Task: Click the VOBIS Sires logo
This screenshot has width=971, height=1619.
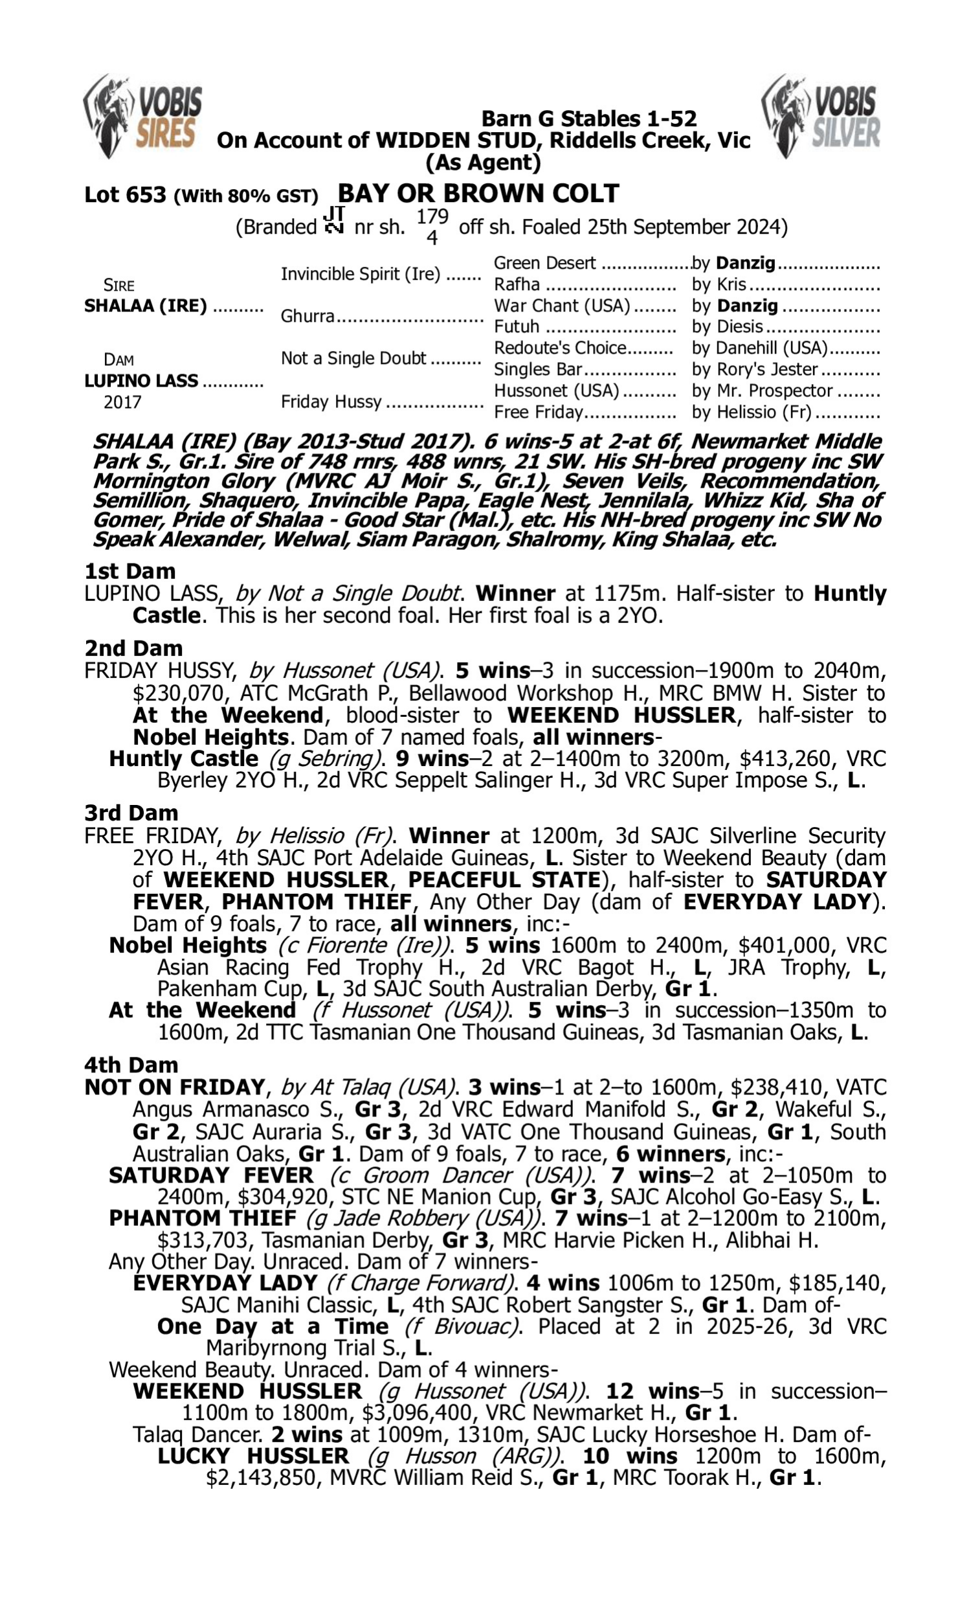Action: (142, 117)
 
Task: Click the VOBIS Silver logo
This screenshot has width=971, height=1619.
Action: (821, 117)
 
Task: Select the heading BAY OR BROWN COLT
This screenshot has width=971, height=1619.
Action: (478, 194)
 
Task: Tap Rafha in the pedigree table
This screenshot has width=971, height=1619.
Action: (517, 285)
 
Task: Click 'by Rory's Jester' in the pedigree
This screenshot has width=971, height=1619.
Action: (755, 370)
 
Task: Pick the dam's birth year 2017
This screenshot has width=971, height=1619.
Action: (122, 402)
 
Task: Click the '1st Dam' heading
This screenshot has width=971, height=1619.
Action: (129, 571)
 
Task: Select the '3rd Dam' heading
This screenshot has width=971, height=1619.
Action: (131, 813)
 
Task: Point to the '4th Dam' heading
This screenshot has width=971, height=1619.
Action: (131, 1065)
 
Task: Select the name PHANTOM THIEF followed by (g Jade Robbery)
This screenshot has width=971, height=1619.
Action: (202, 1219)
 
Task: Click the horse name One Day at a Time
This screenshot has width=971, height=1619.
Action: (273, 1326)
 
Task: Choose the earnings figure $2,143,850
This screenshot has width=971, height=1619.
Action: (260, 1478)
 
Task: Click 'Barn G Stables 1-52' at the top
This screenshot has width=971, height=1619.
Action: (589, 119)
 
